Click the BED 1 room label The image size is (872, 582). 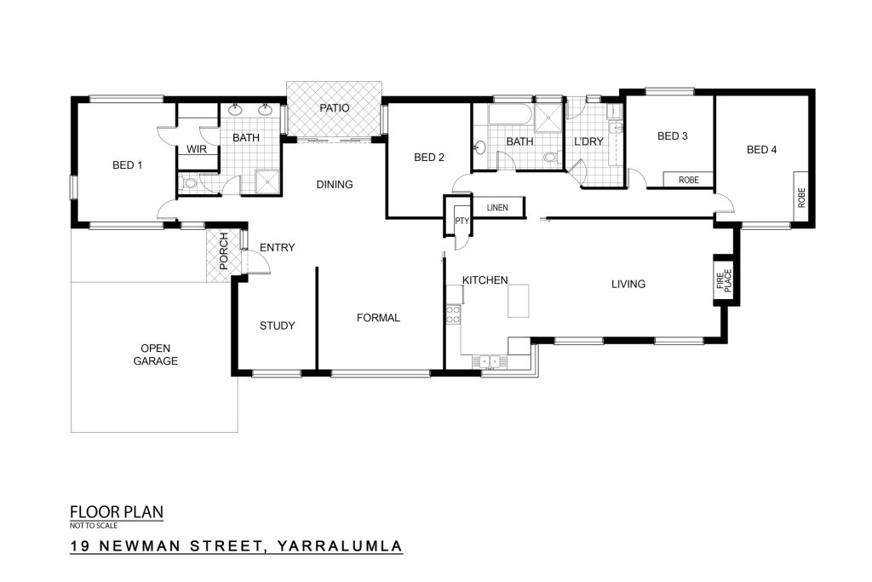click(x=128, y=165)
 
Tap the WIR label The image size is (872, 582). click(x=197, y=149)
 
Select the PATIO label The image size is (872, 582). click(x=334, y=108)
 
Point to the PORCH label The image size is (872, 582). click(x=224, y=251)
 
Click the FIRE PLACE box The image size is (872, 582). click(x=726, y=279)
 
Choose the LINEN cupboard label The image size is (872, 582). click(x=497, y=208)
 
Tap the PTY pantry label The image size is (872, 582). click(x=462, y=221)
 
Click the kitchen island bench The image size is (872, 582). click(x=518, y=301)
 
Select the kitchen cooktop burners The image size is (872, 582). click(x=453, y=314)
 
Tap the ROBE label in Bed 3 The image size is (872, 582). click(x=688, y=181)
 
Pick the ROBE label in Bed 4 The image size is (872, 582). click(x=801, y=198)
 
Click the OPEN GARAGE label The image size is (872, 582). click(x=155, y=354)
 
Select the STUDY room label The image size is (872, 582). click(x=277, y=326)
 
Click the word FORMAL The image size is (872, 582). click(x=378, y=318)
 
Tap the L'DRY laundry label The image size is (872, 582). click(x=588, y=141)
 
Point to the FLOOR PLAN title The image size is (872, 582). click(x=117, y=512)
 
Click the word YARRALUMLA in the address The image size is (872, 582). click(x=339, y=546)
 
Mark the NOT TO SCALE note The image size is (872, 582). click(x=94, y=525)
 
